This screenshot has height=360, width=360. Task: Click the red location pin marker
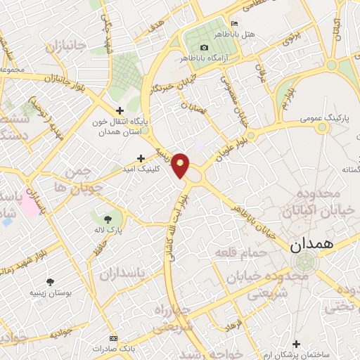point(181,165)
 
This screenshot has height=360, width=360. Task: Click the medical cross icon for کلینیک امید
point(141,158)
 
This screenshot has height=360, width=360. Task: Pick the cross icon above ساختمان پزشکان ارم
point(296,344)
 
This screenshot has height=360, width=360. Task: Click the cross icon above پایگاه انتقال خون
point(120,110)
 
